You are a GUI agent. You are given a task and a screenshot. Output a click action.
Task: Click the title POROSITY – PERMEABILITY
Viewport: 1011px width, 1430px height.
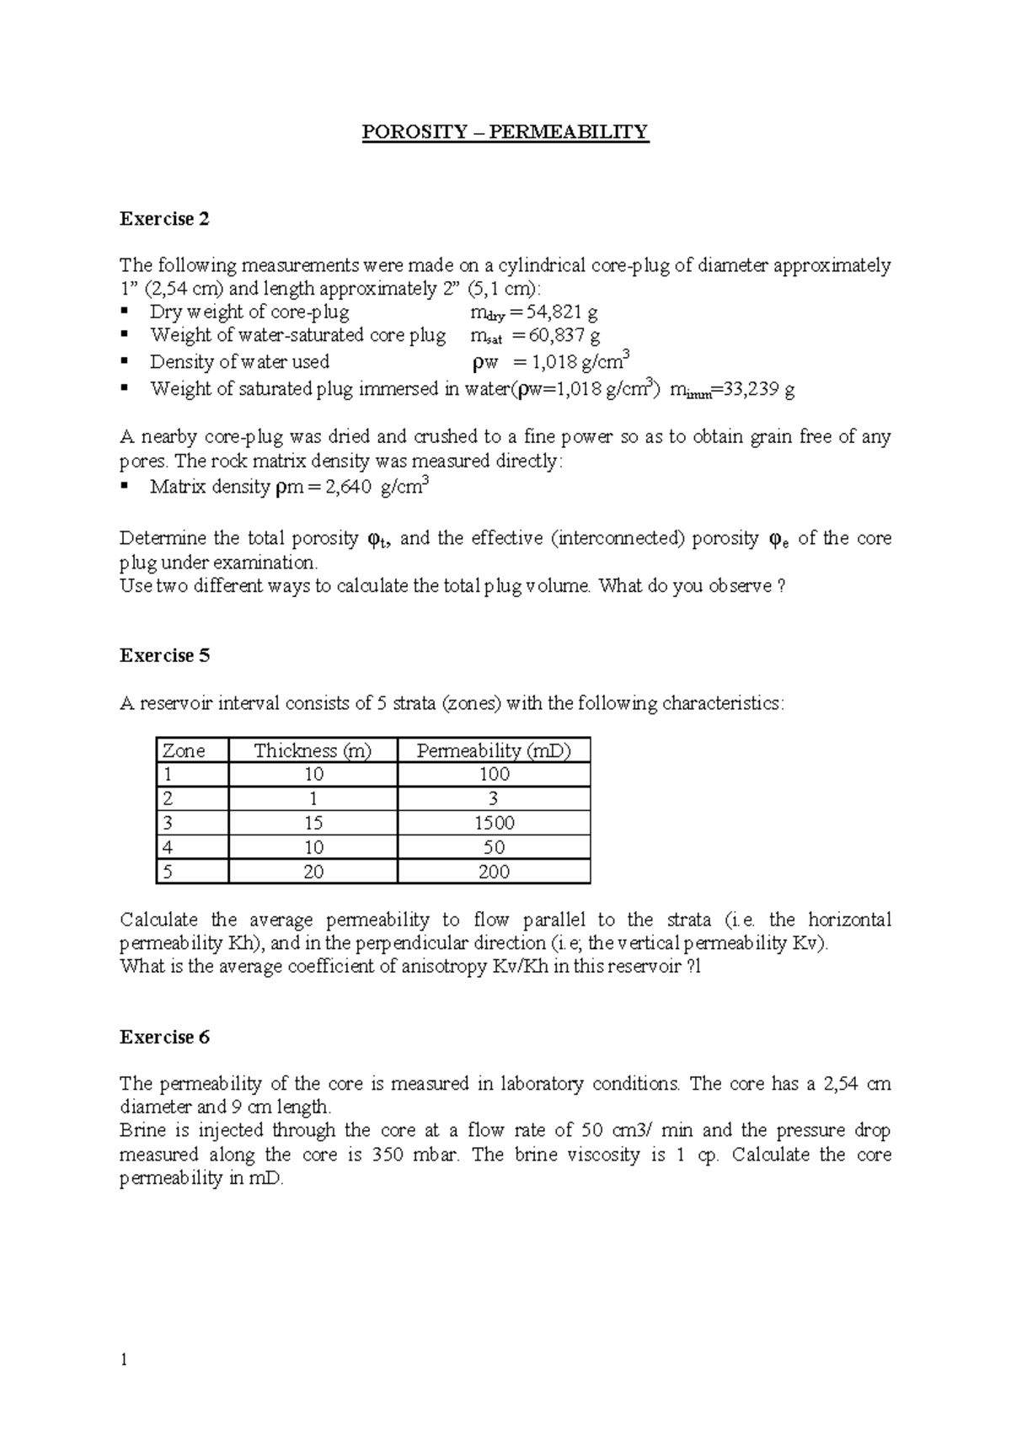[x=505, y=132]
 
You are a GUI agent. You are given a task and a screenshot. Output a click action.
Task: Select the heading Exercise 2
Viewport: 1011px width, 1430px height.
[x=164, y=220]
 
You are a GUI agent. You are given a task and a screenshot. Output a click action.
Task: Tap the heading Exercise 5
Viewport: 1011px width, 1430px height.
[x=164, y=656]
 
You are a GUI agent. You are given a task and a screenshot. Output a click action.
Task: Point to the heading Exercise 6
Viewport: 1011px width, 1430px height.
[x=164, y=1038]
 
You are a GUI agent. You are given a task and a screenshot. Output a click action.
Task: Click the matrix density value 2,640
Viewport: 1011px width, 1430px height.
[x=345, y=488]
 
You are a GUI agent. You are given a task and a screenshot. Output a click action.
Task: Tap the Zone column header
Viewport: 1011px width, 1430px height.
[x=184, y=750]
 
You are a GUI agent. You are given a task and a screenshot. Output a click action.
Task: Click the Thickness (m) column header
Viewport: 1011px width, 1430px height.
[x=313, y=750]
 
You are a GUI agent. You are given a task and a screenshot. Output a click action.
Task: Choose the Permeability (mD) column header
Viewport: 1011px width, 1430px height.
[x=494, y=750]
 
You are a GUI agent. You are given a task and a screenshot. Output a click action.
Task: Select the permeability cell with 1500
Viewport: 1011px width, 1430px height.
[x=494, y=823]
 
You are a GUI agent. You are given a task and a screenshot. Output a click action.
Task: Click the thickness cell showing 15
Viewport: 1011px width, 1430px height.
[x=313, y=823]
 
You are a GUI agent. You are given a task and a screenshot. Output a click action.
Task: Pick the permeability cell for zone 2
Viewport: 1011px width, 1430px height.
[x=494, y=798]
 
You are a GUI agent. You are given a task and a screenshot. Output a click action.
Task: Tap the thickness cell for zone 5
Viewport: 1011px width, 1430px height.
[x=313, y=872]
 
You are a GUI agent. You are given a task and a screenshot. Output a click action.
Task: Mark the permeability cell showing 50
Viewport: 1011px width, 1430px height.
[x=494, y=847]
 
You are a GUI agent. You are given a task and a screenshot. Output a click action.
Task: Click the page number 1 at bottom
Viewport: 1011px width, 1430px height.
[x=124, y=1360]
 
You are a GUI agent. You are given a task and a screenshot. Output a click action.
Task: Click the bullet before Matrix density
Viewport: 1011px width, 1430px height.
[x=125, y=486]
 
